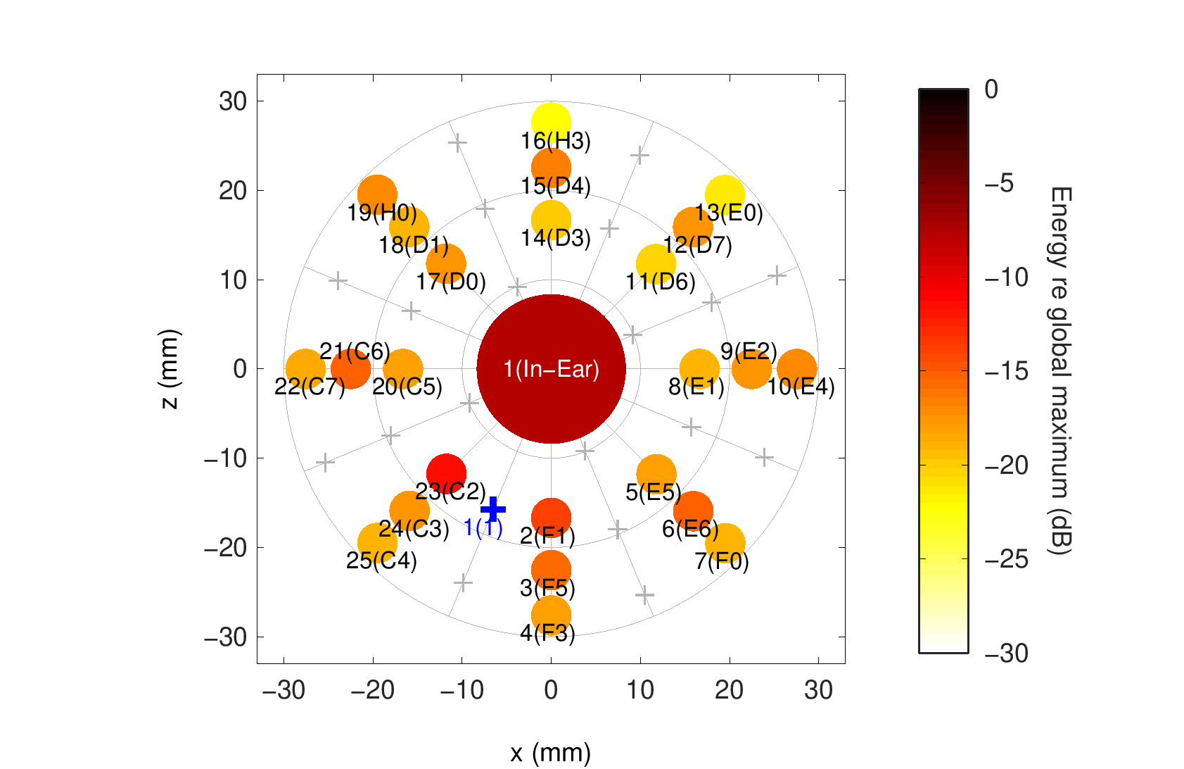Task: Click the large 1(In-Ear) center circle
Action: (551, 368)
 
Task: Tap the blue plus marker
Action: (493, 508)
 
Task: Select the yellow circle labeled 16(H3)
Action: (551, 122)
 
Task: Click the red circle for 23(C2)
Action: (446, 473)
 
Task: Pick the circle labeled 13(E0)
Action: (725, 195)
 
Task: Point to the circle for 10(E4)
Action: (797, 368)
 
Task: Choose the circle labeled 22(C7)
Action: (305, 368)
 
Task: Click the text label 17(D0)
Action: (451, 282)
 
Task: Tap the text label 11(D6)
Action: (661, 282)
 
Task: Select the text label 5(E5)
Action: (654, 492)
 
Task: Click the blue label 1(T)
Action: (483, 527)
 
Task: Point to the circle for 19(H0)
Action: (377, 195)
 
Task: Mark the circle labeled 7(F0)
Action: (725, 542)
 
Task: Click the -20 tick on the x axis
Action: (372, 690)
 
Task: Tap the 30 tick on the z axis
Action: (233, 101)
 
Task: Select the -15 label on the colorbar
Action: (1006, 371)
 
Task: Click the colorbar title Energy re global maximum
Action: (1059, 371)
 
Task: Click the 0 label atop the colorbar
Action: (991, 89)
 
